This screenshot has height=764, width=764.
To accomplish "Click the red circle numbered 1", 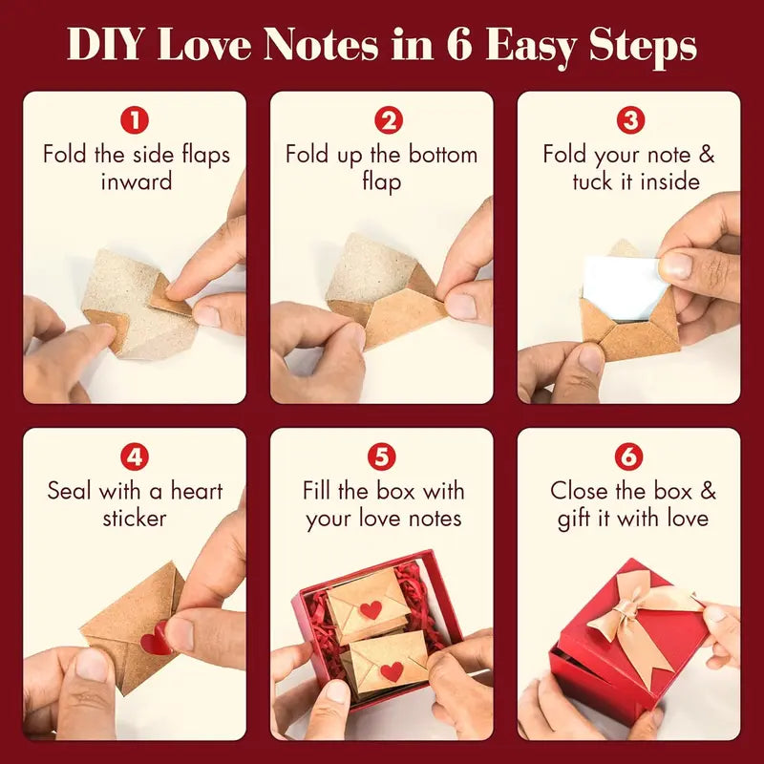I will [x=135, y=121].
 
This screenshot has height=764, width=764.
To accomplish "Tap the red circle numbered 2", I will [x=382, y=121].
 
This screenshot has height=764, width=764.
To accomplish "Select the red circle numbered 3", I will [x=628, y=121].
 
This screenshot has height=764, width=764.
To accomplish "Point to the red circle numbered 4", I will [x=135, y=457].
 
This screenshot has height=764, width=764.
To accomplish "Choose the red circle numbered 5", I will [x=382, y=457].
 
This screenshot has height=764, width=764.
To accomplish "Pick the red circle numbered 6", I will [x=628, y=457].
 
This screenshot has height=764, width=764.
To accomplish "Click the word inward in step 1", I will [x=136, y=181].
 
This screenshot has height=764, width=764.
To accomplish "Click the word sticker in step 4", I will [x=135, y=519].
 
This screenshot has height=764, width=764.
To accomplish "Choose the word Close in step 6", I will [x=581, y=492].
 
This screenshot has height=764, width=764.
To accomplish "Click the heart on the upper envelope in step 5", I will [x=371, y=609].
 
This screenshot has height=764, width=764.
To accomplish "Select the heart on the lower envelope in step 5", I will [x=392, y=670].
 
